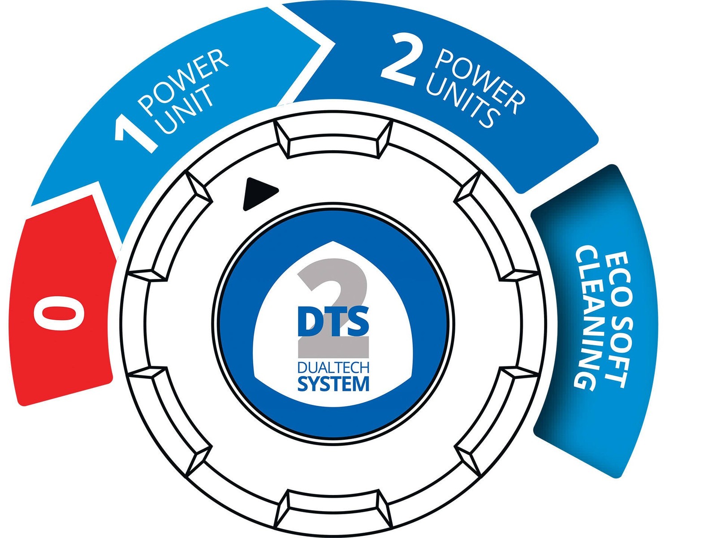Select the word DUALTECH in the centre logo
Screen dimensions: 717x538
tap(333, 368)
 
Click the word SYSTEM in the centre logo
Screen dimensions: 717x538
tap(333, 384)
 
